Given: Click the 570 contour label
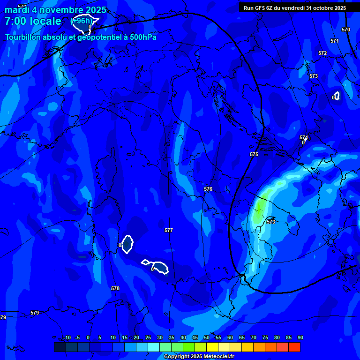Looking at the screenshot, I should (x=346, y=30).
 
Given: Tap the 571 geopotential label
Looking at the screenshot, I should (x=334, y=41).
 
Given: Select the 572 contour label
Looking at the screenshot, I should (x=322, y=53).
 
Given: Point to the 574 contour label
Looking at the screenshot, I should (x=304, y=137).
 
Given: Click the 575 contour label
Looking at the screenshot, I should (x=254, y=154).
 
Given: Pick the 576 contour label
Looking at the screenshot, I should (x=208, y=189).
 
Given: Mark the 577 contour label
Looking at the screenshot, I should (x=169, y=230).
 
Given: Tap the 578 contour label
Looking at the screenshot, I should (x=115, y=288).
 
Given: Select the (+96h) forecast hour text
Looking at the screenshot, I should (x=82, y=21).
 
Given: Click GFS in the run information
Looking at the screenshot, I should (x=261, y=8).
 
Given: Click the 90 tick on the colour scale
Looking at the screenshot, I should (x=300, y=338).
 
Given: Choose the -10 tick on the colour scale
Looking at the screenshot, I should (x=66, y=338).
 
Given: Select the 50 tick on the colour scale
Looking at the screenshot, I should (x=206, y=338).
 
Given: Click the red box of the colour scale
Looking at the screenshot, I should (x=294, y=347).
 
